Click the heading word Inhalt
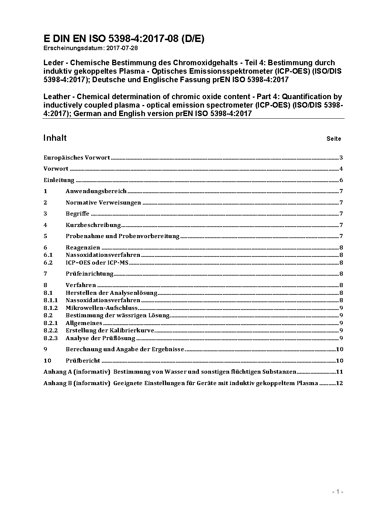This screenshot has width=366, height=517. coord(55,138)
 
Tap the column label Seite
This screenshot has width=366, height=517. coord(334,139)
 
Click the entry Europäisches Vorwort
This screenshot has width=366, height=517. coord(77,158)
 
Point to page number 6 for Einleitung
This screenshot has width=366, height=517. coord(341,180)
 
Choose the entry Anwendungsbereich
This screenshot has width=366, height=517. coord(96,191)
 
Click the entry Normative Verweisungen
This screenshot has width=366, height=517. coord(103,203)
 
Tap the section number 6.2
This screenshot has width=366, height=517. coord(48,263)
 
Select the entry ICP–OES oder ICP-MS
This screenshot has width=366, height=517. coord(97,263)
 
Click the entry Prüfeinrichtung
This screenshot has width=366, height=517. coord(89,274)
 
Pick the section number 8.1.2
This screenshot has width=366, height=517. coord(51,308)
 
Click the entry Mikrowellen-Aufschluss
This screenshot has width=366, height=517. coord(101,308)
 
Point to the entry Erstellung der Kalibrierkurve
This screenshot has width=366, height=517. coord(110,331)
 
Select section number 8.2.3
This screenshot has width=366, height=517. coord(51,338)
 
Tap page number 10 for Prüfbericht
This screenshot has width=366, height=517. coord(340,361)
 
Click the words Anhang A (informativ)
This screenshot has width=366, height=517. coord(77,372)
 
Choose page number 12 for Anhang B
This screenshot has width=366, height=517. coord(339,383)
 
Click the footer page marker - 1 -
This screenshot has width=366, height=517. coord(338,492)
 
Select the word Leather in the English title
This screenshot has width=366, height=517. coord(56,97)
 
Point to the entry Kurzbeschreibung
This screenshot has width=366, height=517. coord(93,225)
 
